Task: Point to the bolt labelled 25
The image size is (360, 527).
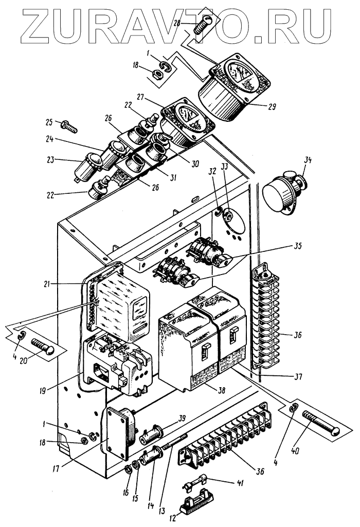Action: (68, 125)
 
